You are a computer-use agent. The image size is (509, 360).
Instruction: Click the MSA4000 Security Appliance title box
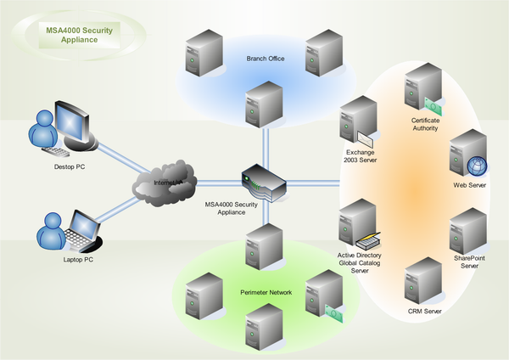(x=80, y=34)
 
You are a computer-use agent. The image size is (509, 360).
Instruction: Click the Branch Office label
(x=265, y=59)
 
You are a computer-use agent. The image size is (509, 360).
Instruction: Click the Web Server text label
(x=470, y=184)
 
